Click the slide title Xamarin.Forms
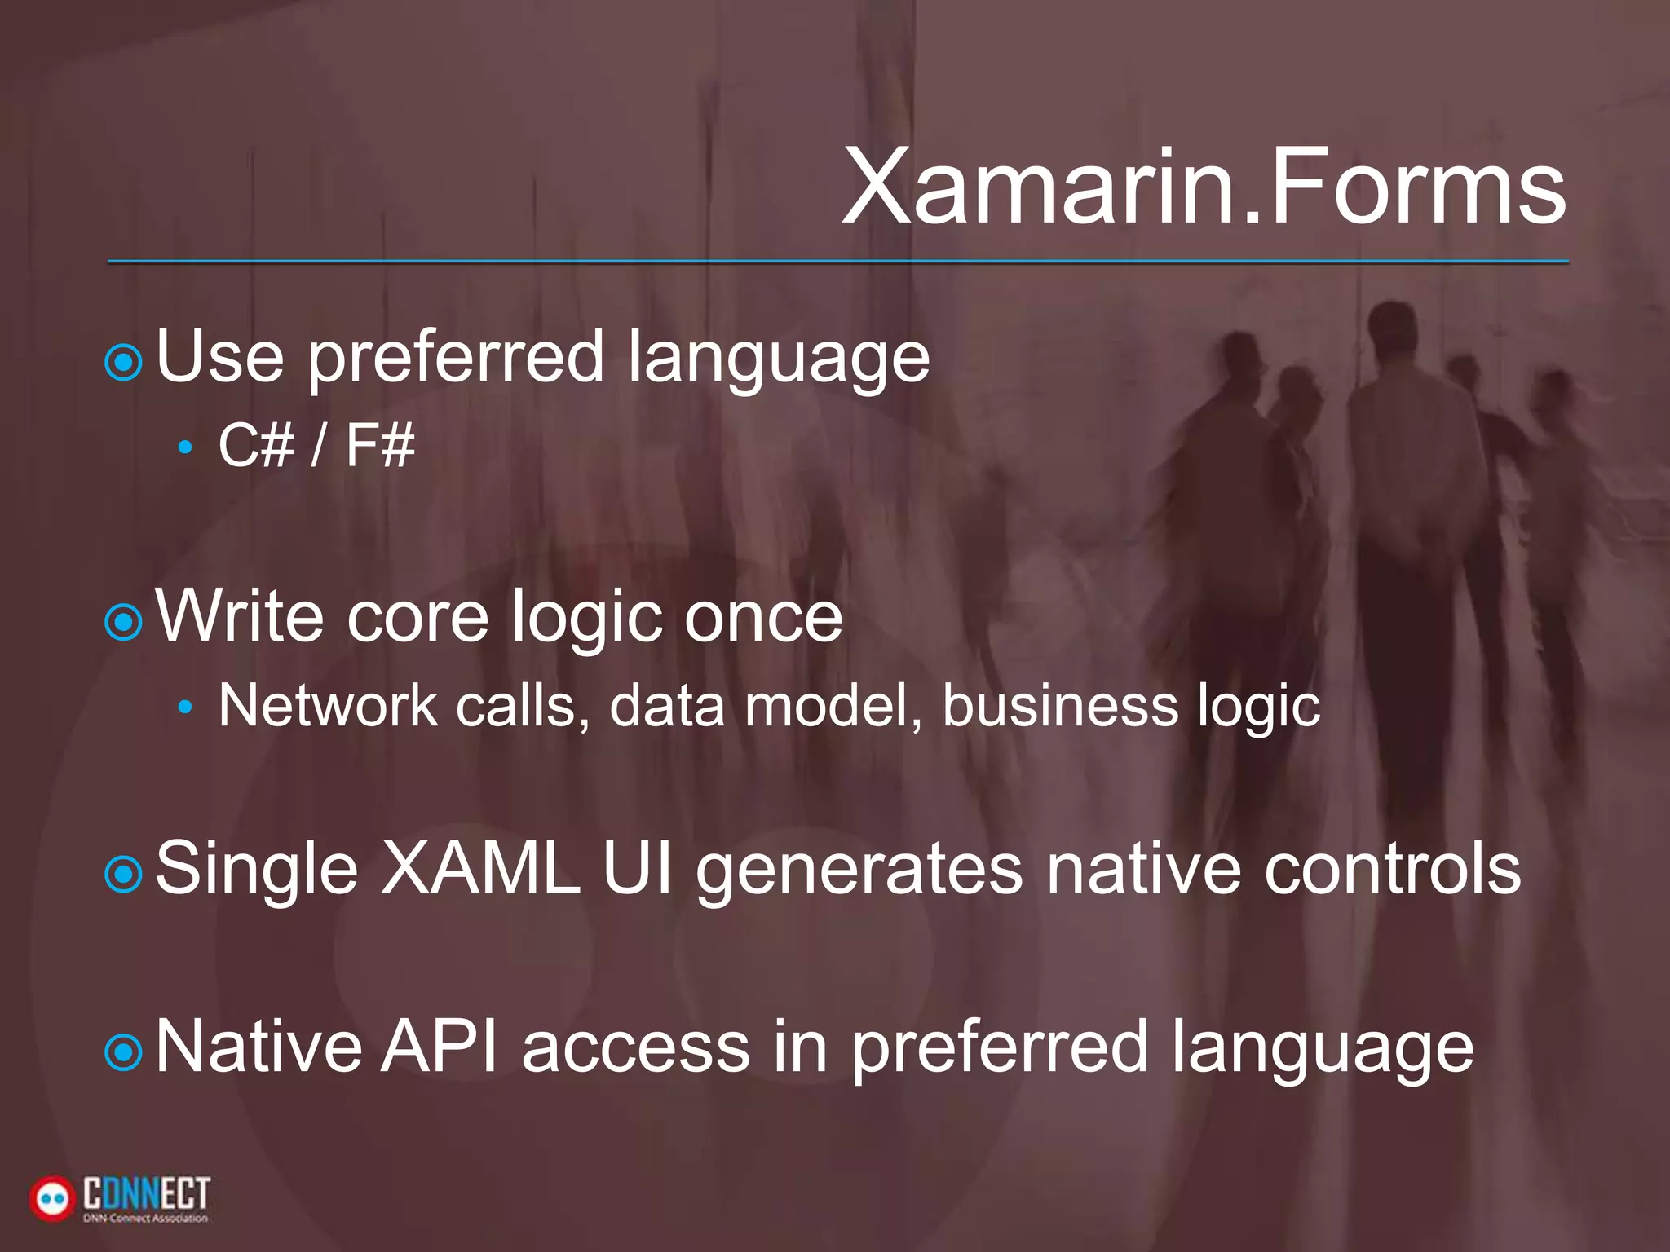1204,187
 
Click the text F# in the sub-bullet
380,446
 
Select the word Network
327,705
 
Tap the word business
1060,705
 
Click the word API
440,1047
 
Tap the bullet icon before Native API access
124,1053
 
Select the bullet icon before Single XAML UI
124,875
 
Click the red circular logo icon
51,1198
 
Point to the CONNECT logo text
147,1194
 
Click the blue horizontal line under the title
837,262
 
